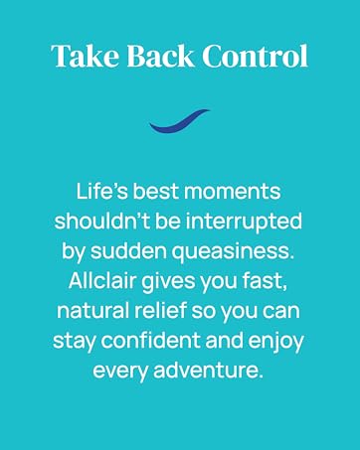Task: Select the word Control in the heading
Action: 255,57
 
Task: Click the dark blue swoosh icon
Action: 180,122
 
